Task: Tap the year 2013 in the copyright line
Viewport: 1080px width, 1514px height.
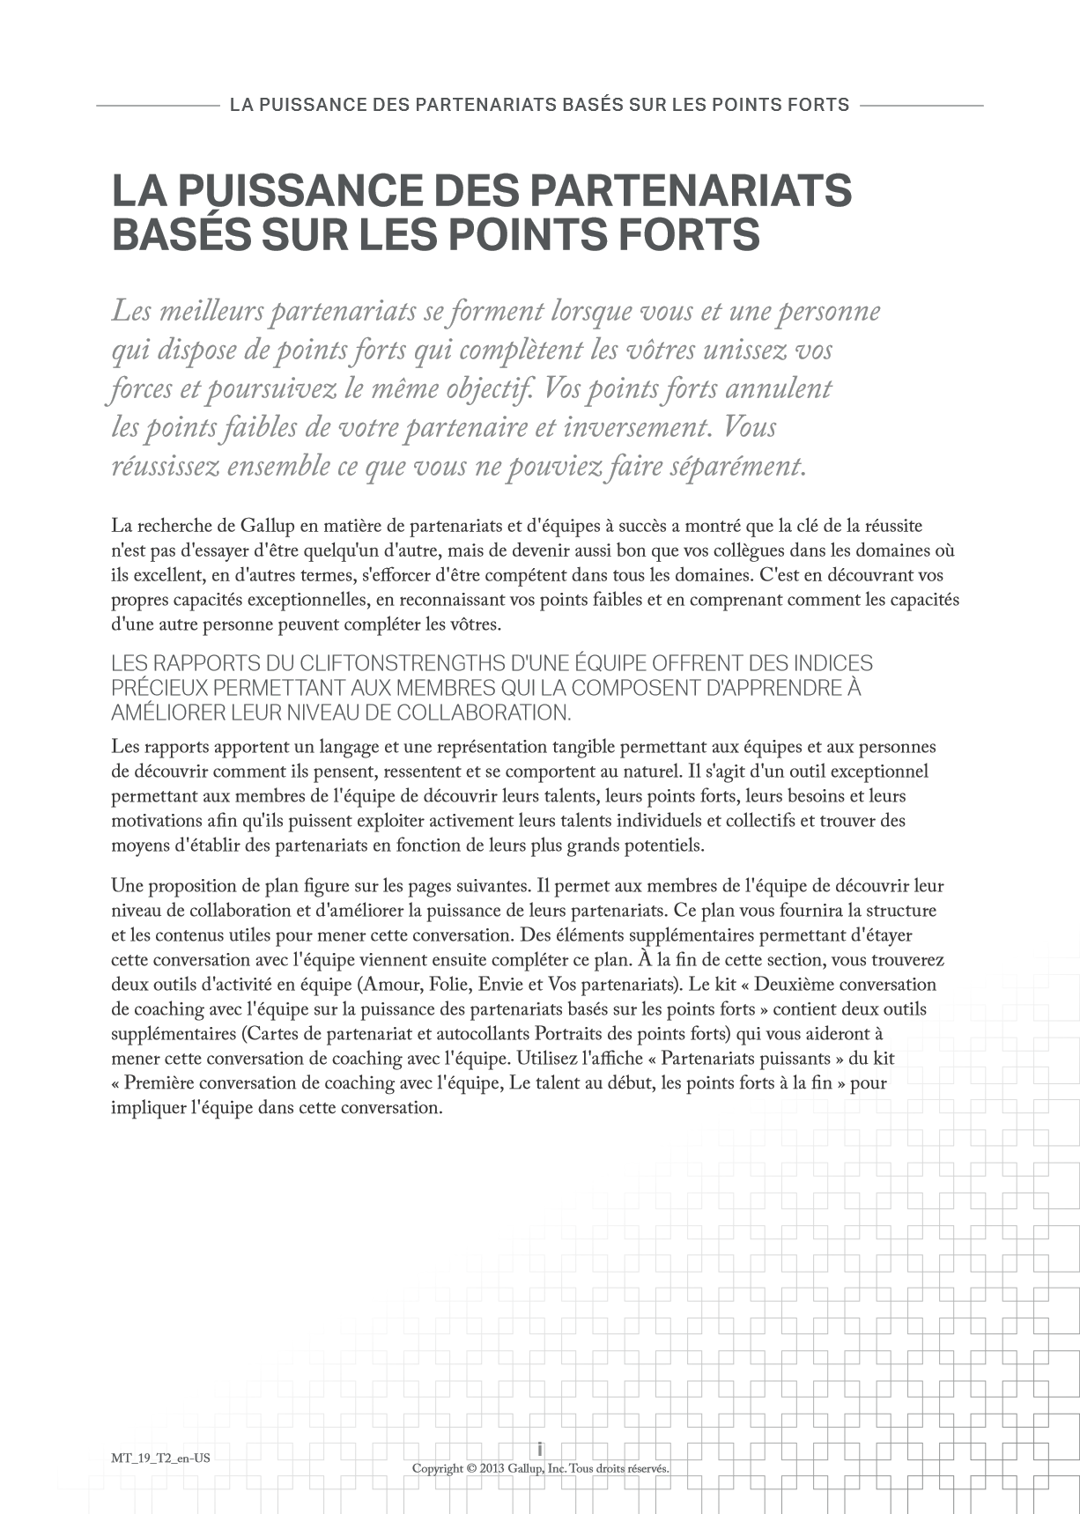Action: click(x=498, y=1468)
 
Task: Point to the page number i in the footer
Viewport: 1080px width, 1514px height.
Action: click(x=540, y=1449)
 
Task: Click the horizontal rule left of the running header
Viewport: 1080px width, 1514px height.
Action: click(x=157, y=106)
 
